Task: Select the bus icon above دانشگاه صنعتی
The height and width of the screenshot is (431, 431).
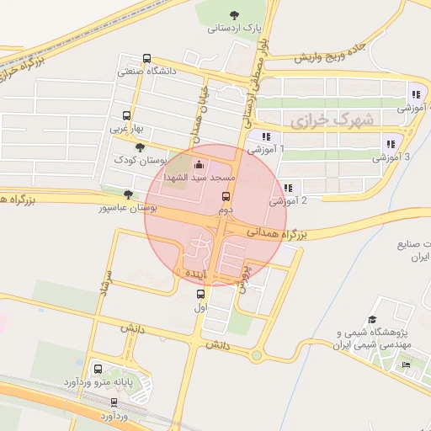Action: point(147,60)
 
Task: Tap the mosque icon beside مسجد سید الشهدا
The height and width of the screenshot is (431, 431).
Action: point(199,164)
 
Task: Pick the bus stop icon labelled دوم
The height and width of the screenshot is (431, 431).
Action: point(225,196)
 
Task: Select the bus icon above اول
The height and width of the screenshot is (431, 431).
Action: point(200,295)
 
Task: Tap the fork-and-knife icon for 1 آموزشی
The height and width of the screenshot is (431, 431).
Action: point(266,136)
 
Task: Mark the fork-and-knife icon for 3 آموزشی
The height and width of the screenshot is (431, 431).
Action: point(390,144)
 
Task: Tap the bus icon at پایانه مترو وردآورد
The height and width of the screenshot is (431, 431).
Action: point(99,370)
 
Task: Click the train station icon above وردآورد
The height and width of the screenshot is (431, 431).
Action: point(114,402)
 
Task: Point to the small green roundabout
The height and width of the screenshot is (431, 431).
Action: point(255,355)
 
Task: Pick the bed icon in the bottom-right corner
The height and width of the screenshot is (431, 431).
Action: point(407,364)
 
